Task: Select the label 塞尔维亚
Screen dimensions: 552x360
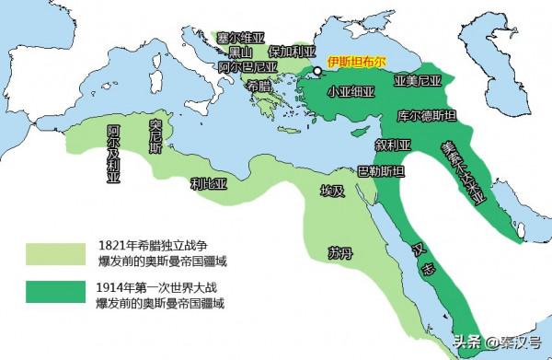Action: tap(241, 38)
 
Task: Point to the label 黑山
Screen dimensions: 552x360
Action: tap(241, 52)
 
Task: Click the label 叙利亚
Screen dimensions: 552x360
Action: tap(393, 145)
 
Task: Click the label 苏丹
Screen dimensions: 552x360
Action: tap(339, 251)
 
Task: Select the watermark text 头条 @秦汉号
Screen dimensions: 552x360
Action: tap(495, 343)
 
